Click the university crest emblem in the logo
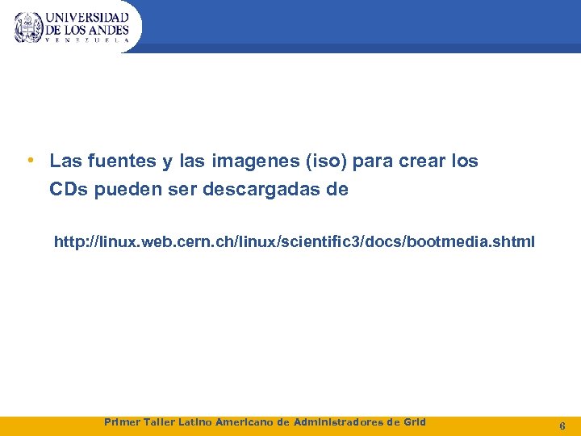pos(29,27)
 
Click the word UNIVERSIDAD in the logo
pos(87,17)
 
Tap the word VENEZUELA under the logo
pos(87,39)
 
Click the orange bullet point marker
pos(29,161)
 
